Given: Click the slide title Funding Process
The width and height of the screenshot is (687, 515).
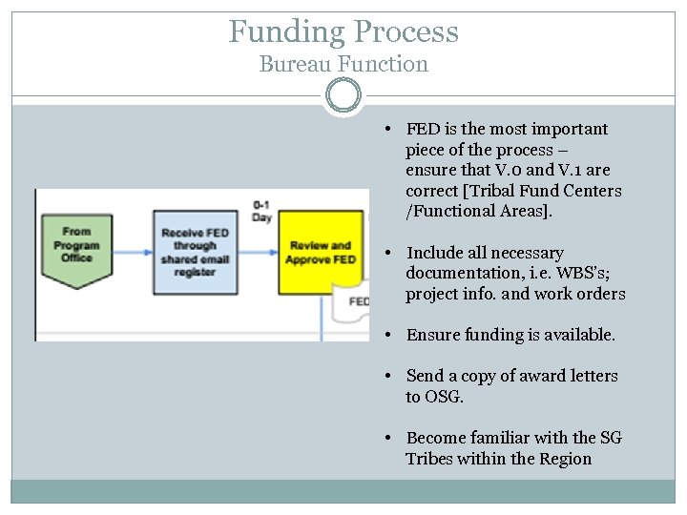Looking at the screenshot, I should [x=343, y=31].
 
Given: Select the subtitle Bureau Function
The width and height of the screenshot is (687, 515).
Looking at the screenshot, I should [x=343, y=65].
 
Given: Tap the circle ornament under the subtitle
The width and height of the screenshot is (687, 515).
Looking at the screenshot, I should [x=343, y=95].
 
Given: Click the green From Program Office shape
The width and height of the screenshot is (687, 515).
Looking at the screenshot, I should [x=76, y=248].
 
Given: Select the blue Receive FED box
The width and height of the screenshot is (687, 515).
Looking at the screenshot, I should [x=195, y=252].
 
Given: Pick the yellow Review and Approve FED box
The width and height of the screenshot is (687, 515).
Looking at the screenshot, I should [x=322, y=253].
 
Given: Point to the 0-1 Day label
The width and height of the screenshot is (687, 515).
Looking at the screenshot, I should [x=261, y=211].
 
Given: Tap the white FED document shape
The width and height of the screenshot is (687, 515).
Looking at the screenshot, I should [x=353, y=303].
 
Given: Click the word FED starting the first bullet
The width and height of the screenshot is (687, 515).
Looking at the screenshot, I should [x=422, y=129].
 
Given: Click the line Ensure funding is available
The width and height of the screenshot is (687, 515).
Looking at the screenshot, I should [x=510, y=335].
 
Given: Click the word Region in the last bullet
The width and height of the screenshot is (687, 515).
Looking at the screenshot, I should [x=566, y=459].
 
